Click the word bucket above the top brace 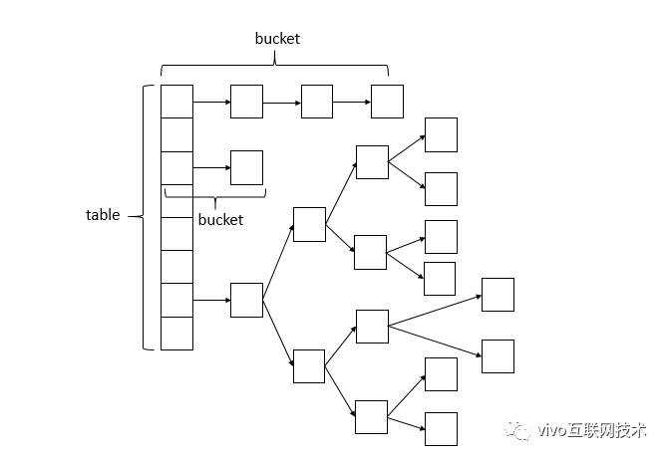pos(277,39)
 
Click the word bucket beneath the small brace pos(220,220)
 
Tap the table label pos(103,215)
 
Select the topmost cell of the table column pos(176,102)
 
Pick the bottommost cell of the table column pos(176,334)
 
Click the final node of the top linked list pos(387,102)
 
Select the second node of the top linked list pos(246,102)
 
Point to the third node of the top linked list pos(317,102)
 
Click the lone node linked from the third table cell pos(246,167)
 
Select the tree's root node pos(246,300)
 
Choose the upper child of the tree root pos(309,224)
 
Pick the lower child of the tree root pos(309,365)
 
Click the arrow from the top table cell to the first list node pos(210,102)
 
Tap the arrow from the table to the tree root pos(210,300)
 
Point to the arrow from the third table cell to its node pos(210,167)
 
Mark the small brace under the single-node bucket pos(214,192)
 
